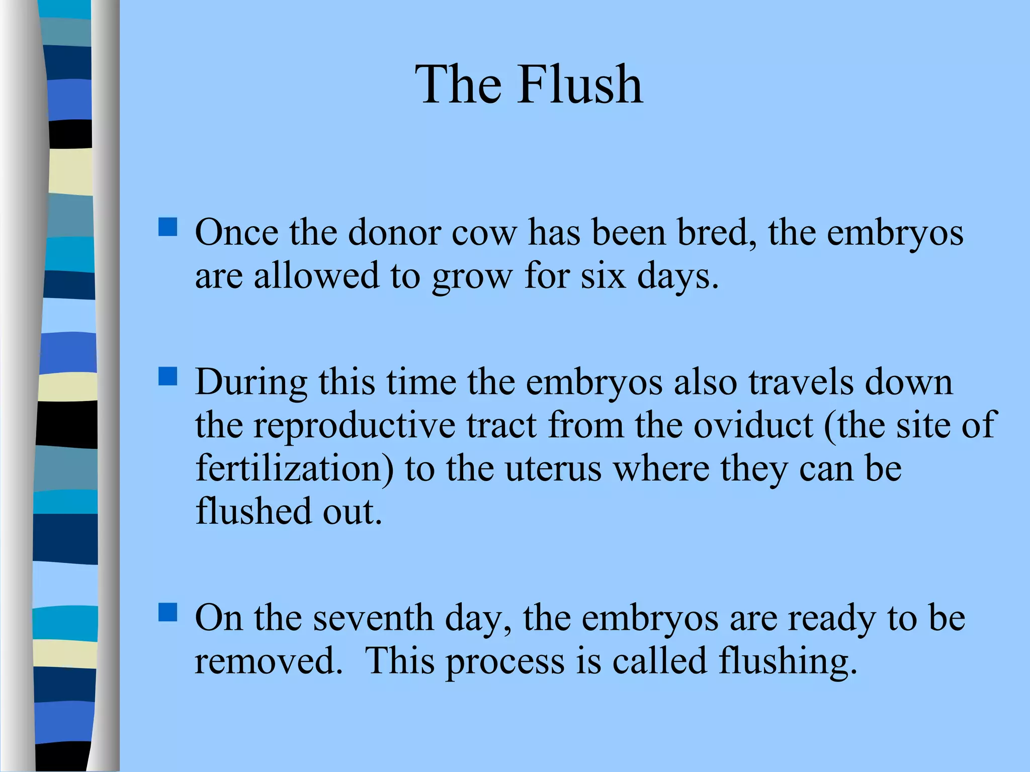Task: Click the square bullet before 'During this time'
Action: point(167,376)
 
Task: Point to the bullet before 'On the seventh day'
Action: point(167,612)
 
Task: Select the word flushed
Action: point(253,512)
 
